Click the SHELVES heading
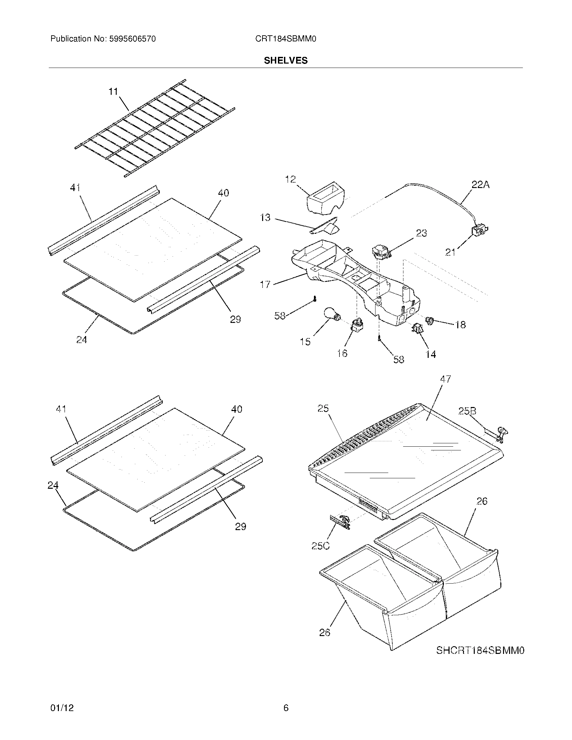[286, 61]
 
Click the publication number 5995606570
[132, 39]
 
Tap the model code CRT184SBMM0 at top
[286, 39]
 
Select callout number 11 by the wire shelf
[113, 91]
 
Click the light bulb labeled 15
[332, 313]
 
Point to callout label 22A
[480, 185]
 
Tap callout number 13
[265, 218]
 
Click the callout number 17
[265, 284]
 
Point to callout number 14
[431, 355]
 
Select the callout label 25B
[467, 411]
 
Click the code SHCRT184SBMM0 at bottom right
[480, 650]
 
